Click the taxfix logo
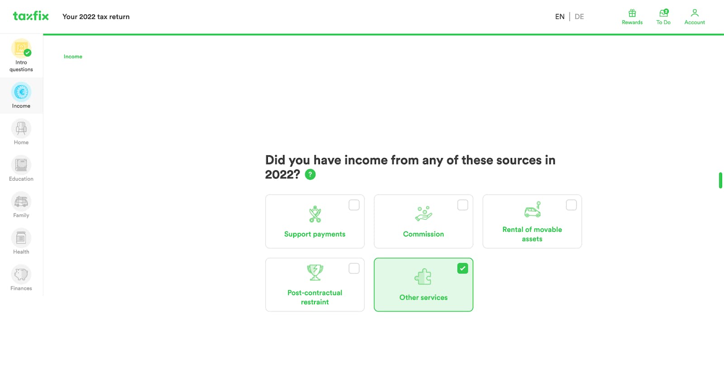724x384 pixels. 31,16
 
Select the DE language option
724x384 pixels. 579,16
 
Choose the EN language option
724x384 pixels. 560,16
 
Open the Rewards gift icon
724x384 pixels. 632,13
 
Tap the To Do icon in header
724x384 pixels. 663,13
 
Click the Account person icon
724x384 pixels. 695,13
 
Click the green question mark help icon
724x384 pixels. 310,174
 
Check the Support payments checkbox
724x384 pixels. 354,205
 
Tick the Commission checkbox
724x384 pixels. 462,205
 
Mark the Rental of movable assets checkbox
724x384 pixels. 571,205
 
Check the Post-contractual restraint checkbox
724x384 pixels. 354,269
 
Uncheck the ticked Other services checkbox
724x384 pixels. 462,269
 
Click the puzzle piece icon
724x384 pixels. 423,277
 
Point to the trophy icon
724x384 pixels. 315,273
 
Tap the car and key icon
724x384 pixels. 532,210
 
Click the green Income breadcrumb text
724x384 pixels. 73,57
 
